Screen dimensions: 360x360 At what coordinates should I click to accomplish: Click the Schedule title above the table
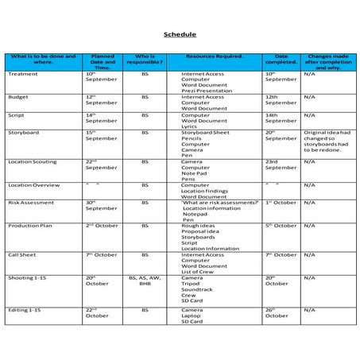[180, 36]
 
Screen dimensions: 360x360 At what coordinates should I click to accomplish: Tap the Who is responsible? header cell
[145, 60]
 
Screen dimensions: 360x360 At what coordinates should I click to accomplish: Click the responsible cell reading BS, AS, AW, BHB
[145, 281]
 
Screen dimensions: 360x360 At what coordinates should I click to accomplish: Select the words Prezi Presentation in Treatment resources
[206, 90]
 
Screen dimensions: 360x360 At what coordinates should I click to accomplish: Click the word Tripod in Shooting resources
[191, 284]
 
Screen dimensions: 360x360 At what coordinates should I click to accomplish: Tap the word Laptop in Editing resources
[192, 315]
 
